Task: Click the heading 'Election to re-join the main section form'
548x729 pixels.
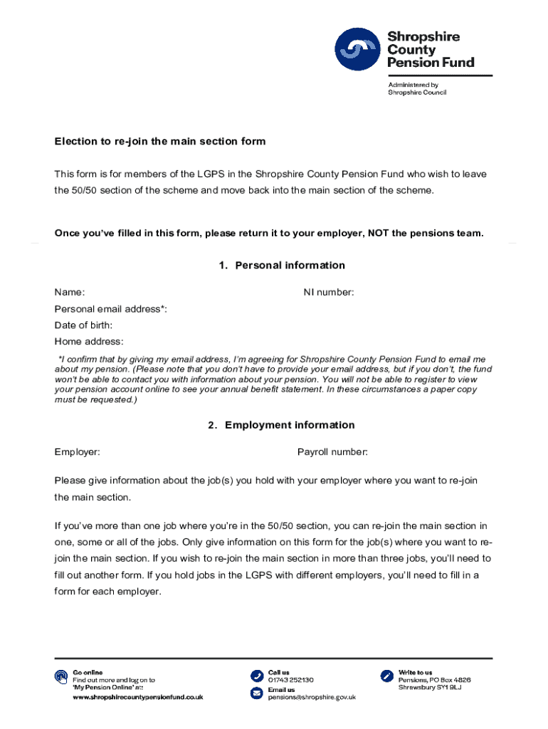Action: (160, 142)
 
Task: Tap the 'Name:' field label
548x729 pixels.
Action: (70, 293)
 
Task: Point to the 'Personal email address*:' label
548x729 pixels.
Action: (111, 309)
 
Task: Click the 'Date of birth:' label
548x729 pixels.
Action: (84, 325)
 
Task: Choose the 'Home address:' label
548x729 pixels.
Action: (89, 342)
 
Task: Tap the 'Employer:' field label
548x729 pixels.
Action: (77, 452)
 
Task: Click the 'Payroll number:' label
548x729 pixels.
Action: (332, 452)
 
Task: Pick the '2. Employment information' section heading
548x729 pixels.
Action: (281, 425)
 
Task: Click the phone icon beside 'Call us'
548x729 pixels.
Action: (256, 675)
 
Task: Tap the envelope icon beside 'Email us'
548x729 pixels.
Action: (256, 693)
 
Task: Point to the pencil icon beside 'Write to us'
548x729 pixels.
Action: (386, 675)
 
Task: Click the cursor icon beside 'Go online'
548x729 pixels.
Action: (61, 676)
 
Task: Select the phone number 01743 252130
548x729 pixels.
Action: (290, 680)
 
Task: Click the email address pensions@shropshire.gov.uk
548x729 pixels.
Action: (312, 698)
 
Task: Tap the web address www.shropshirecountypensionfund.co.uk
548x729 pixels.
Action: (138, 698)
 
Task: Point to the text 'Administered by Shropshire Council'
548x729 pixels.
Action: (417, 89)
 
